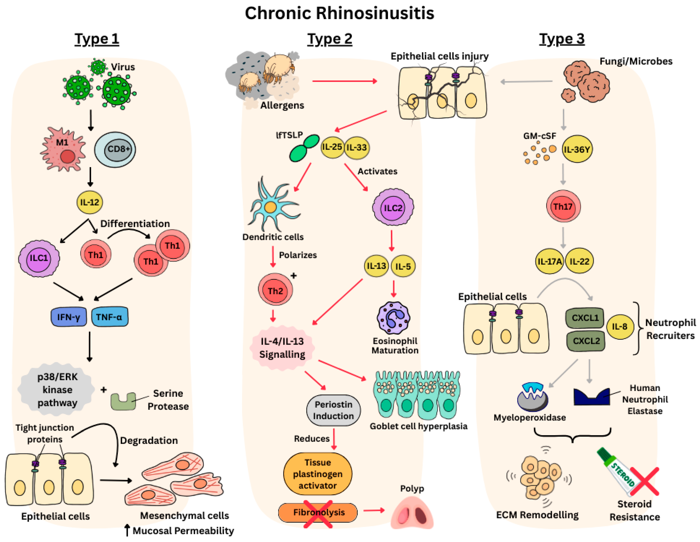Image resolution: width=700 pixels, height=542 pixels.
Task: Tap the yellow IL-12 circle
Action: (90, 202)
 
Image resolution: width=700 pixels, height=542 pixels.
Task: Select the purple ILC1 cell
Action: (39, 258)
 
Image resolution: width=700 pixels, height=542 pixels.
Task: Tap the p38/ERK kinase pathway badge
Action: (57, 390)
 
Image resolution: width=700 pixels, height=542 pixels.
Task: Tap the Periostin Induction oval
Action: (333, 410)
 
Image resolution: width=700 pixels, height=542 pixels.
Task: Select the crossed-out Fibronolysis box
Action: (318, 513)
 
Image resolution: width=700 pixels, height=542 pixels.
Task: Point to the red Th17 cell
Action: (563, 207)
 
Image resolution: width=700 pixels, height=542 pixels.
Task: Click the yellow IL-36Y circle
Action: (577, 149)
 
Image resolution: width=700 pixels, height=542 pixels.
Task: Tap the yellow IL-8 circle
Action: (620, 327)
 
